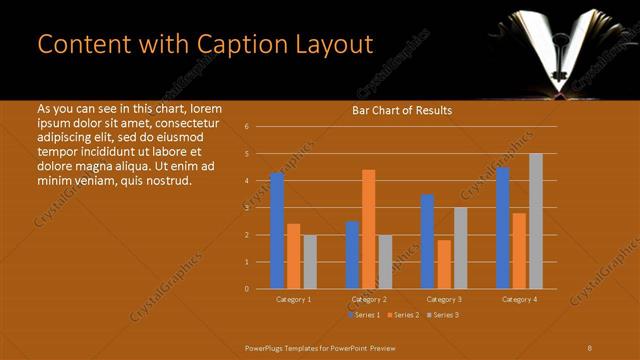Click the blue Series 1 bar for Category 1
(277, 230)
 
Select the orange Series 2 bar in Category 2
(368, 229)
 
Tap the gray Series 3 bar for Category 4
(536, 221)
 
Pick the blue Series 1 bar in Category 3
(428, 241)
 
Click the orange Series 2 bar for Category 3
(444, 264)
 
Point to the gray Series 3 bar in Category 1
(309, 261)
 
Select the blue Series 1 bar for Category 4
(503, 228)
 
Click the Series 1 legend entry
(363, 315)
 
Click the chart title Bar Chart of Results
(401, 110)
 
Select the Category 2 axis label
(368, 299)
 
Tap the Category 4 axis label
(519, 299)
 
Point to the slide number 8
(590, 347)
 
